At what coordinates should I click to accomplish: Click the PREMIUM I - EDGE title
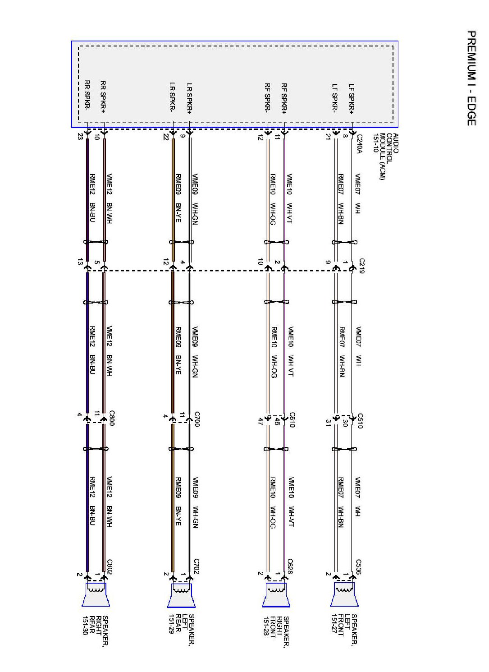coord(471,78)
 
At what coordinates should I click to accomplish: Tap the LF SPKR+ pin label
coord(352,99)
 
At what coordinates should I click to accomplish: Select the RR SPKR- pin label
coord(87,94)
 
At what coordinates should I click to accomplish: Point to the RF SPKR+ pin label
coord(284,99)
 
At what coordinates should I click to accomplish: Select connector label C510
coord(360,420)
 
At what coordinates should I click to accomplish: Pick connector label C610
coord(292,420)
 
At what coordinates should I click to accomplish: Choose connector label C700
coord(197,420)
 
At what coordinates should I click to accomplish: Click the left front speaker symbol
coord(344,594)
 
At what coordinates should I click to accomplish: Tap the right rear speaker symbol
coord(96,594)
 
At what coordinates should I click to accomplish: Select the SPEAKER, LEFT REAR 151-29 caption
coord(182,629)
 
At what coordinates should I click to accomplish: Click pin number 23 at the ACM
coord(80,137)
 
